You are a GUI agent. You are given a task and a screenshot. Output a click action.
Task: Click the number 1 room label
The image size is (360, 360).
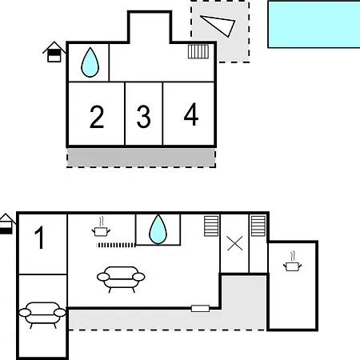point(39,238)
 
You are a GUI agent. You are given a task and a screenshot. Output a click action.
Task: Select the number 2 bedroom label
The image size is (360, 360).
point(97,117)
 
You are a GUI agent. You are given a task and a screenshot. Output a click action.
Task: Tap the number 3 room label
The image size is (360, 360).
point(144,117)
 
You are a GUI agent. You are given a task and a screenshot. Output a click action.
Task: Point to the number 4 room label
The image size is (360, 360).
point(191,114)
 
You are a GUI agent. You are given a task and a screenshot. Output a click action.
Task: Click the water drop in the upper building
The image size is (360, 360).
point(90,62)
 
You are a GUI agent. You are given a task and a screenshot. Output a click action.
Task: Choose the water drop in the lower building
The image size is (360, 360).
point(158,230)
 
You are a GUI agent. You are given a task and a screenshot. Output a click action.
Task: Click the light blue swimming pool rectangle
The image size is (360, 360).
point(314,25)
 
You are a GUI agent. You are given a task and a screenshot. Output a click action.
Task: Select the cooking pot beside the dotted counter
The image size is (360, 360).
point(101,230)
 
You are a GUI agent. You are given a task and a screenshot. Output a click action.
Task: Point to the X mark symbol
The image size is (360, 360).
point(235,243)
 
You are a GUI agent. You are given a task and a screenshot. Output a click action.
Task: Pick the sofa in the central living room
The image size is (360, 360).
point(121,279)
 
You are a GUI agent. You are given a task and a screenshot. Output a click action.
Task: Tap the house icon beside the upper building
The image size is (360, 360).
point(54,52)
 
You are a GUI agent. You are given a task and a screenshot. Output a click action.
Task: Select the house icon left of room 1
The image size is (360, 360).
point(6,224)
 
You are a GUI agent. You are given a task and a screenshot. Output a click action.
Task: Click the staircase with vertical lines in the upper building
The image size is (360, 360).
point(198,51)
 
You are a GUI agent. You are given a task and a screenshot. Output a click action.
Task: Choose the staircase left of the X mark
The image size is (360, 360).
point(211,226)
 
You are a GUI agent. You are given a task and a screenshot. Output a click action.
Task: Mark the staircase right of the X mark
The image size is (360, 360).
point(258,226)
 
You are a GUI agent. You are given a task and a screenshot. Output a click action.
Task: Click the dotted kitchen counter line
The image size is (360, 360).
point(116,245)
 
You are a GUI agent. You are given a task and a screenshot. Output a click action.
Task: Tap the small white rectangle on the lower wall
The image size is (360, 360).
point(200,309)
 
